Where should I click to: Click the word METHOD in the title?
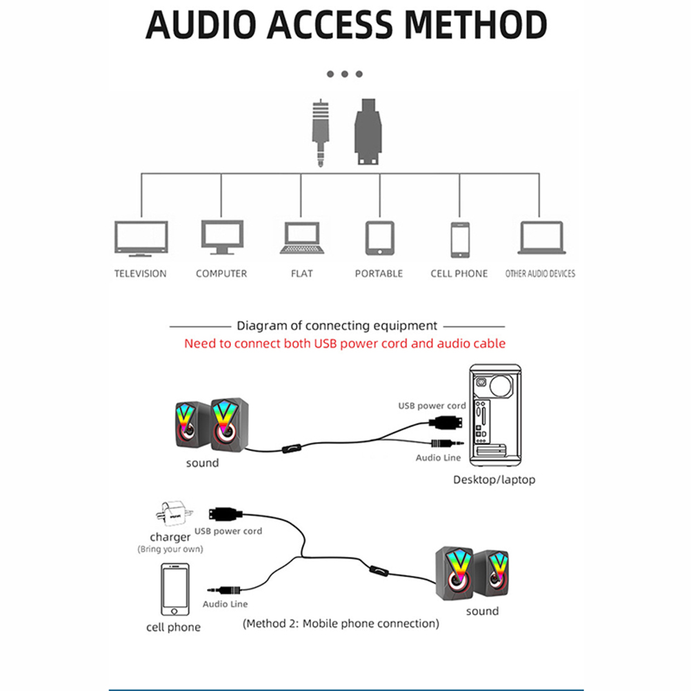coord(475,26)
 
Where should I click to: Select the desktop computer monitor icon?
coord(221,237)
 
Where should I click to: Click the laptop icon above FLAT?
coord(301,238)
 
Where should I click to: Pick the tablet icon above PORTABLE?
coord(379,238)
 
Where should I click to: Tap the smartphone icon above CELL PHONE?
coord(459,239)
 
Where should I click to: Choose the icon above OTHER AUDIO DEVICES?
coord(541,238)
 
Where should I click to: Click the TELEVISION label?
coord(141,274)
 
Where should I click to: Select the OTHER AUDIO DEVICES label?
coord(540,274)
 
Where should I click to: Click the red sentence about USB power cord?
coord(345,343)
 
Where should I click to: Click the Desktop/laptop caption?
coord(494,479)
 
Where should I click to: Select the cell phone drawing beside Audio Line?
coord(174,590)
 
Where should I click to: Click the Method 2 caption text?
coord(341,623)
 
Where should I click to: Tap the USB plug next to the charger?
coord(226,514)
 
